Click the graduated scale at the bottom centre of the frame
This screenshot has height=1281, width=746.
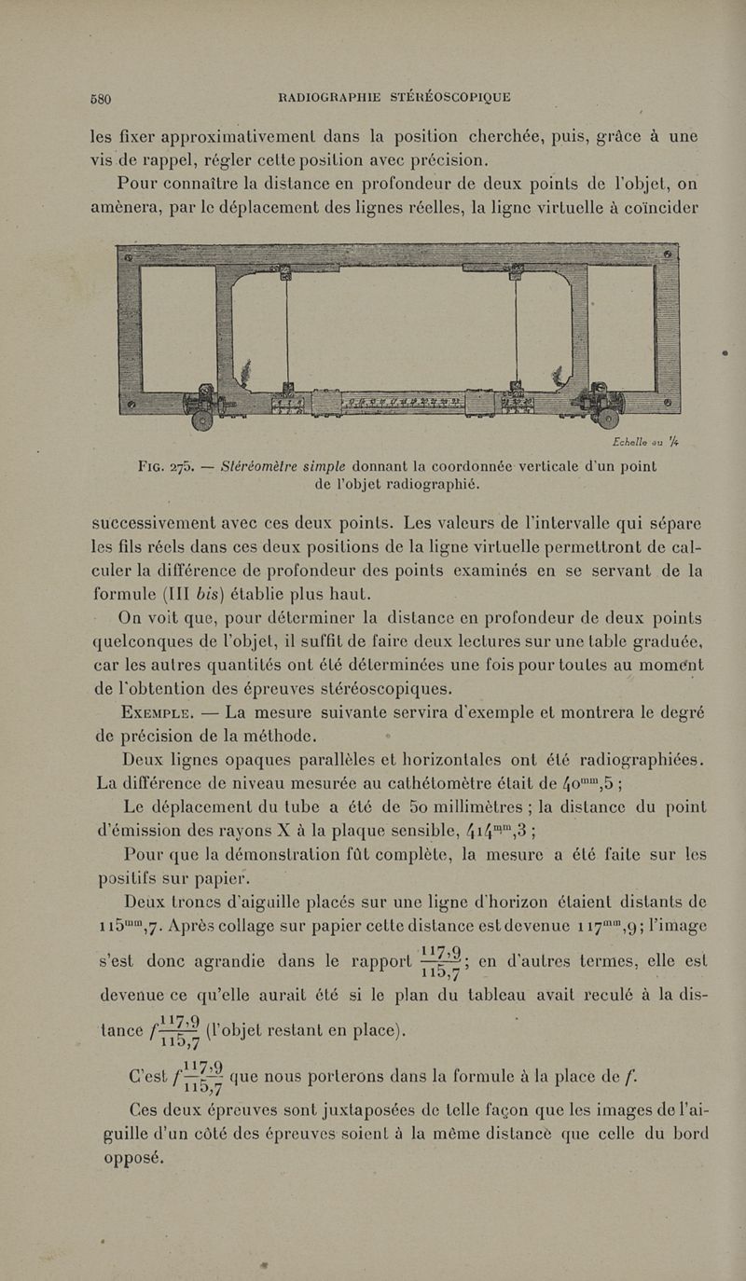(x=400, y=402)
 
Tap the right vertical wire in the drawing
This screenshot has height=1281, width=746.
(x=516, y=326)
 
